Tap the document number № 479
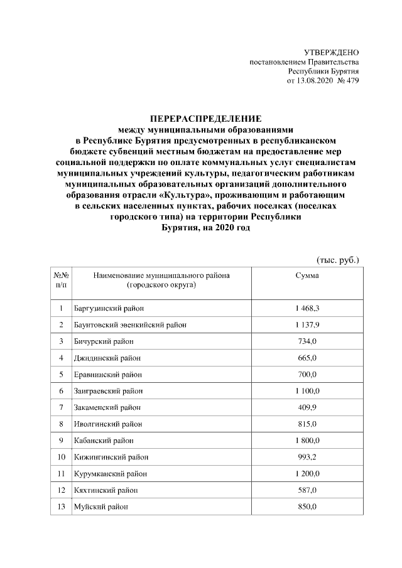point(348,82)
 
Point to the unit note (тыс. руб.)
point(337,260)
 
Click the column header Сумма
point(307,275)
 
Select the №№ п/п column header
point(61,280)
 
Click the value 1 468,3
point(307,308)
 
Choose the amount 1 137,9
point(307,324)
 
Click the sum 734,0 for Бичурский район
point(307,341)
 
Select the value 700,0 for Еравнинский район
point(307,374)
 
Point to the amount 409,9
point(307,407)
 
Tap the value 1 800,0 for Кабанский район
point(307,440)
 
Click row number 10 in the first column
point(61,456)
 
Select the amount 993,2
point(307,456)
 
